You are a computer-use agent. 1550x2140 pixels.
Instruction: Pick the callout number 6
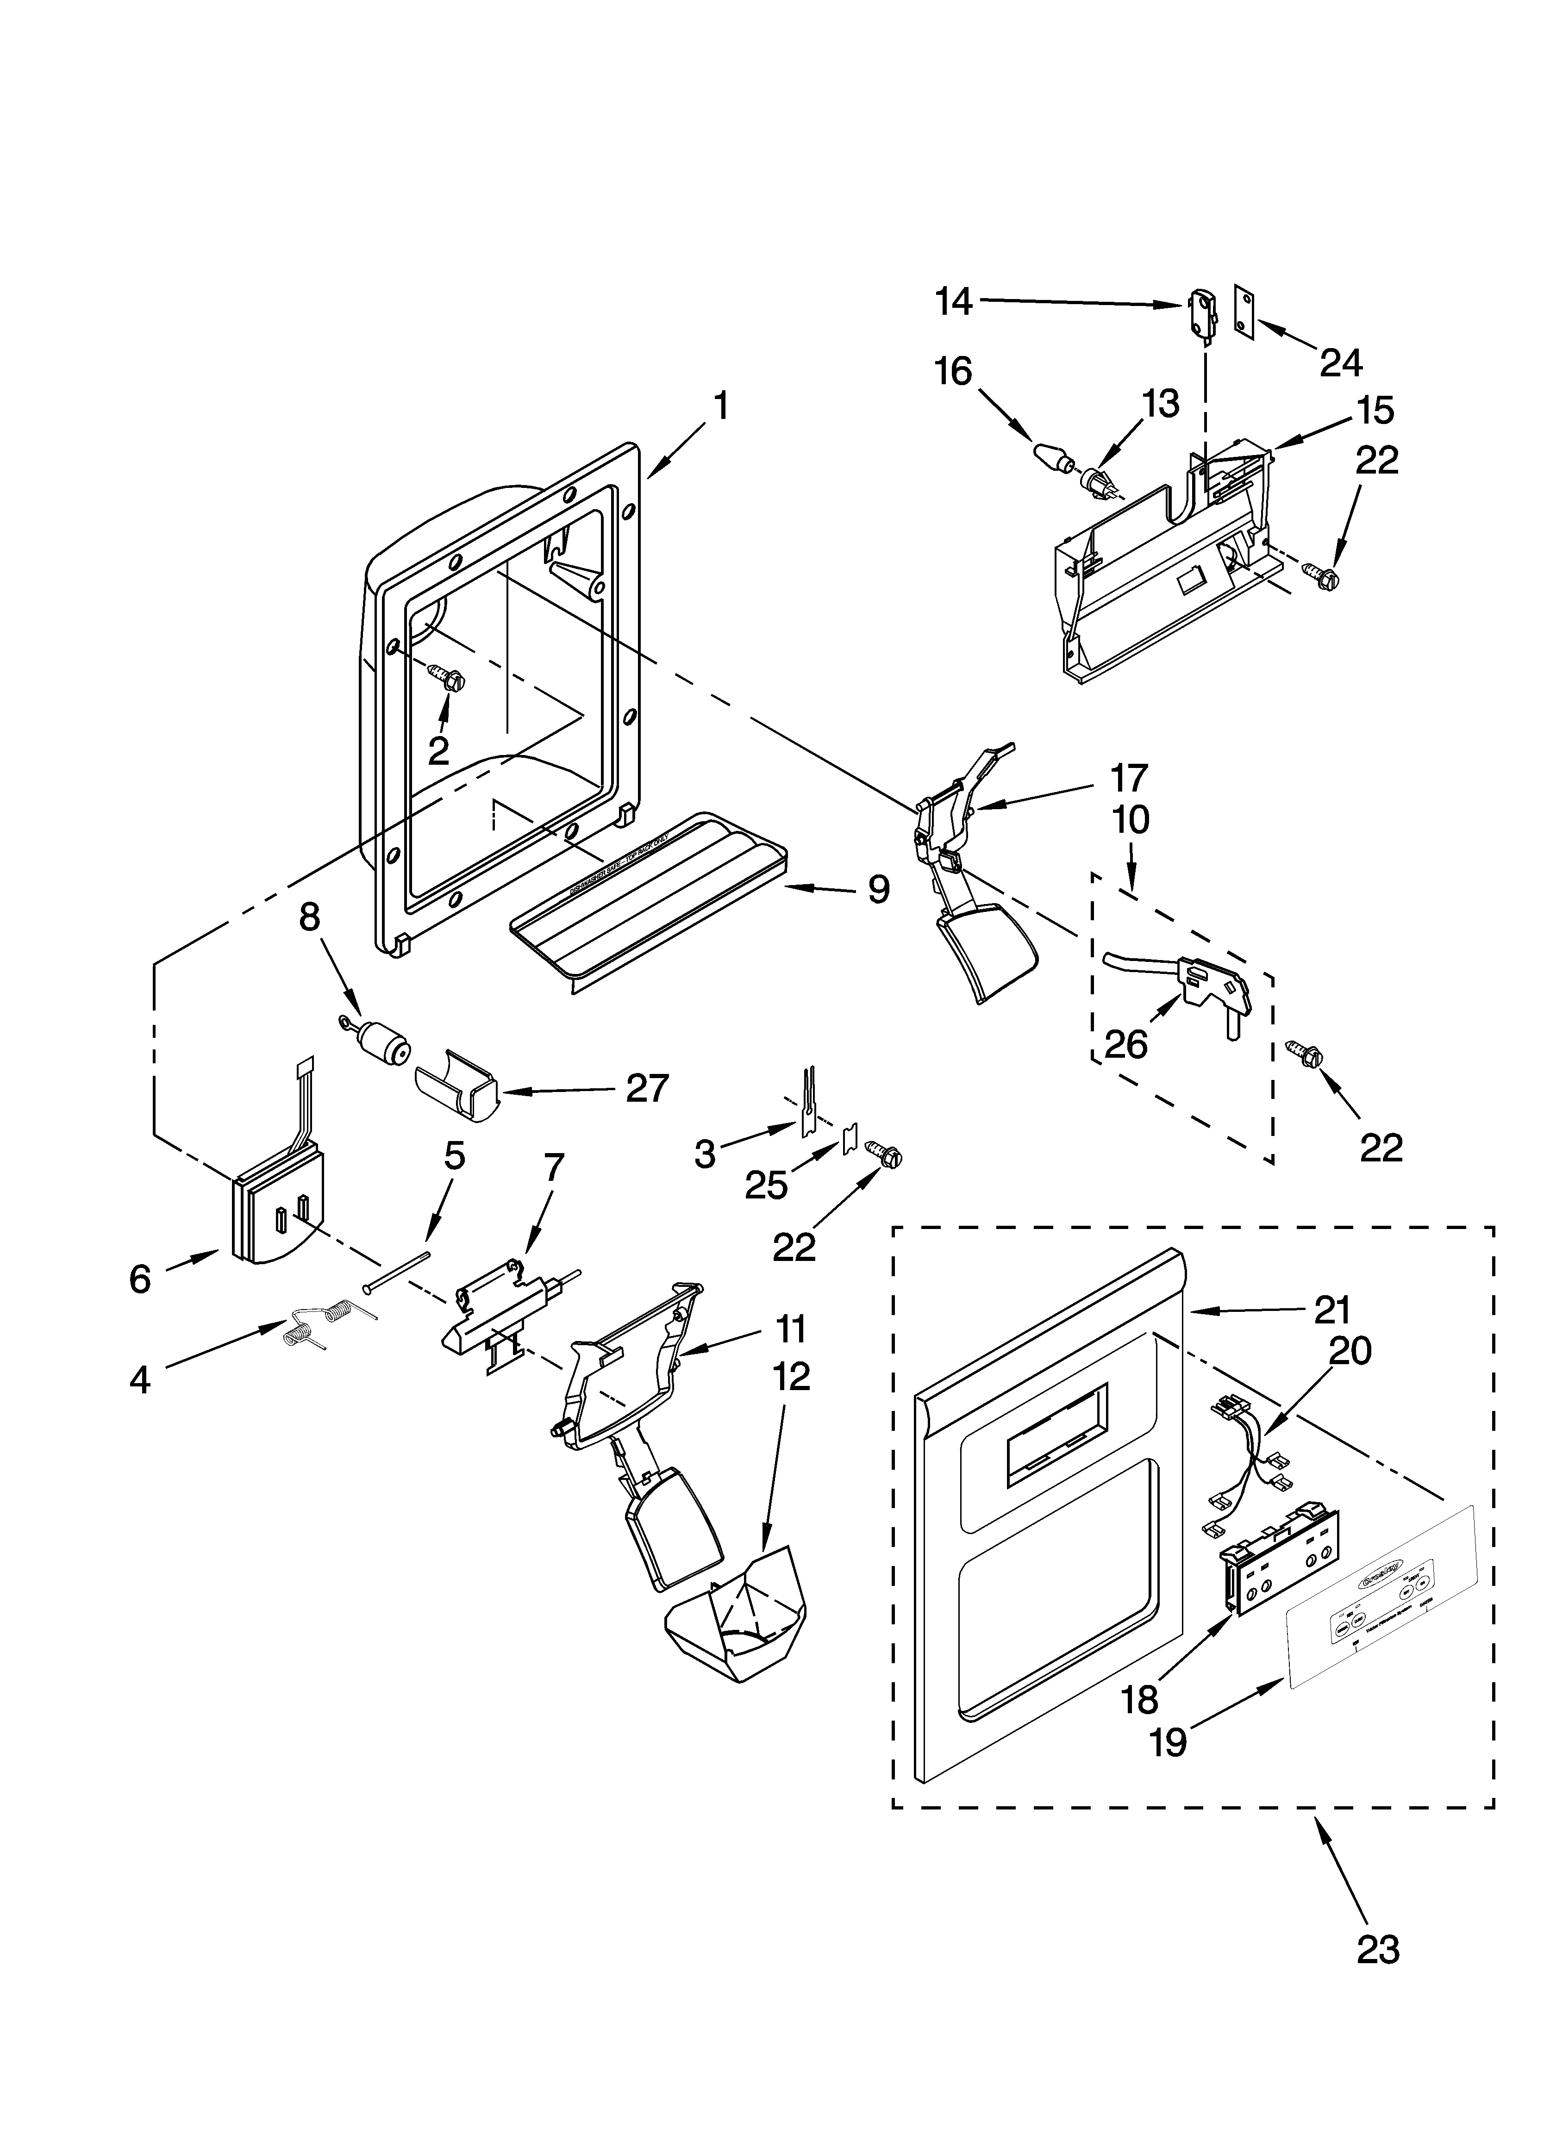coord(140,1279)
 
